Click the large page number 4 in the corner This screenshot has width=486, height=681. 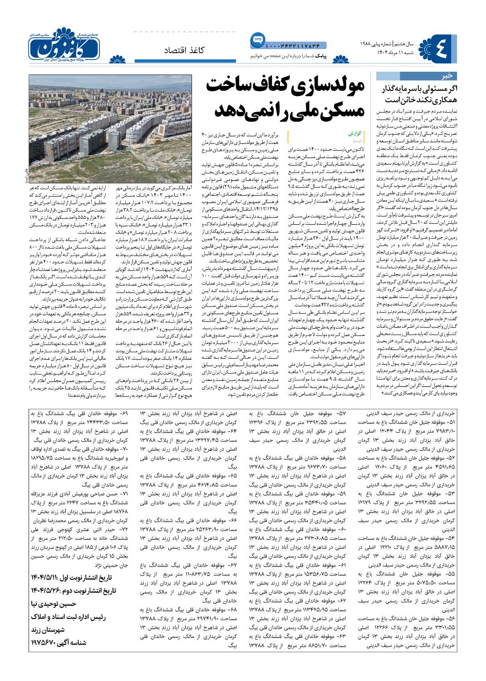pos(442,48)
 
